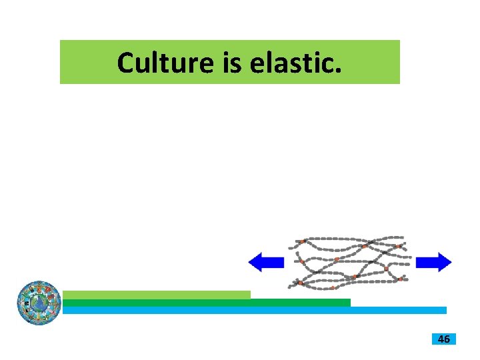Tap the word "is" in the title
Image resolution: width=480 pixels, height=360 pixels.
225,62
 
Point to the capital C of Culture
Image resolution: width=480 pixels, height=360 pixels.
126,62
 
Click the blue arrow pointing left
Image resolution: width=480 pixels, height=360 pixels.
266,262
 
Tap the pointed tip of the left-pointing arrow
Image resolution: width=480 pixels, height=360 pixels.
249,262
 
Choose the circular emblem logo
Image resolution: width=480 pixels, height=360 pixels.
39,303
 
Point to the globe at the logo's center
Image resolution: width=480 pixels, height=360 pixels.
39,303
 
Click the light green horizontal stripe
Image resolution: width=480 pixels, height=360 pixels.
157,295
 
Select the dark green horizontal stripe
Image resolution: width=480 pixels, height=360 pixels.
207,303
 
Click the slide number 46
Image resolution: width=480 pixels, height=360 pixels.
443,339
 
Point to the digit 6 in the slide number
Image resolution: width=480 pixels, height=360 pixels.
447,339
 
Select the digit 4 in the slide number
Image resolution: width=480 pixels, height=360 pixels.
440,339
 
